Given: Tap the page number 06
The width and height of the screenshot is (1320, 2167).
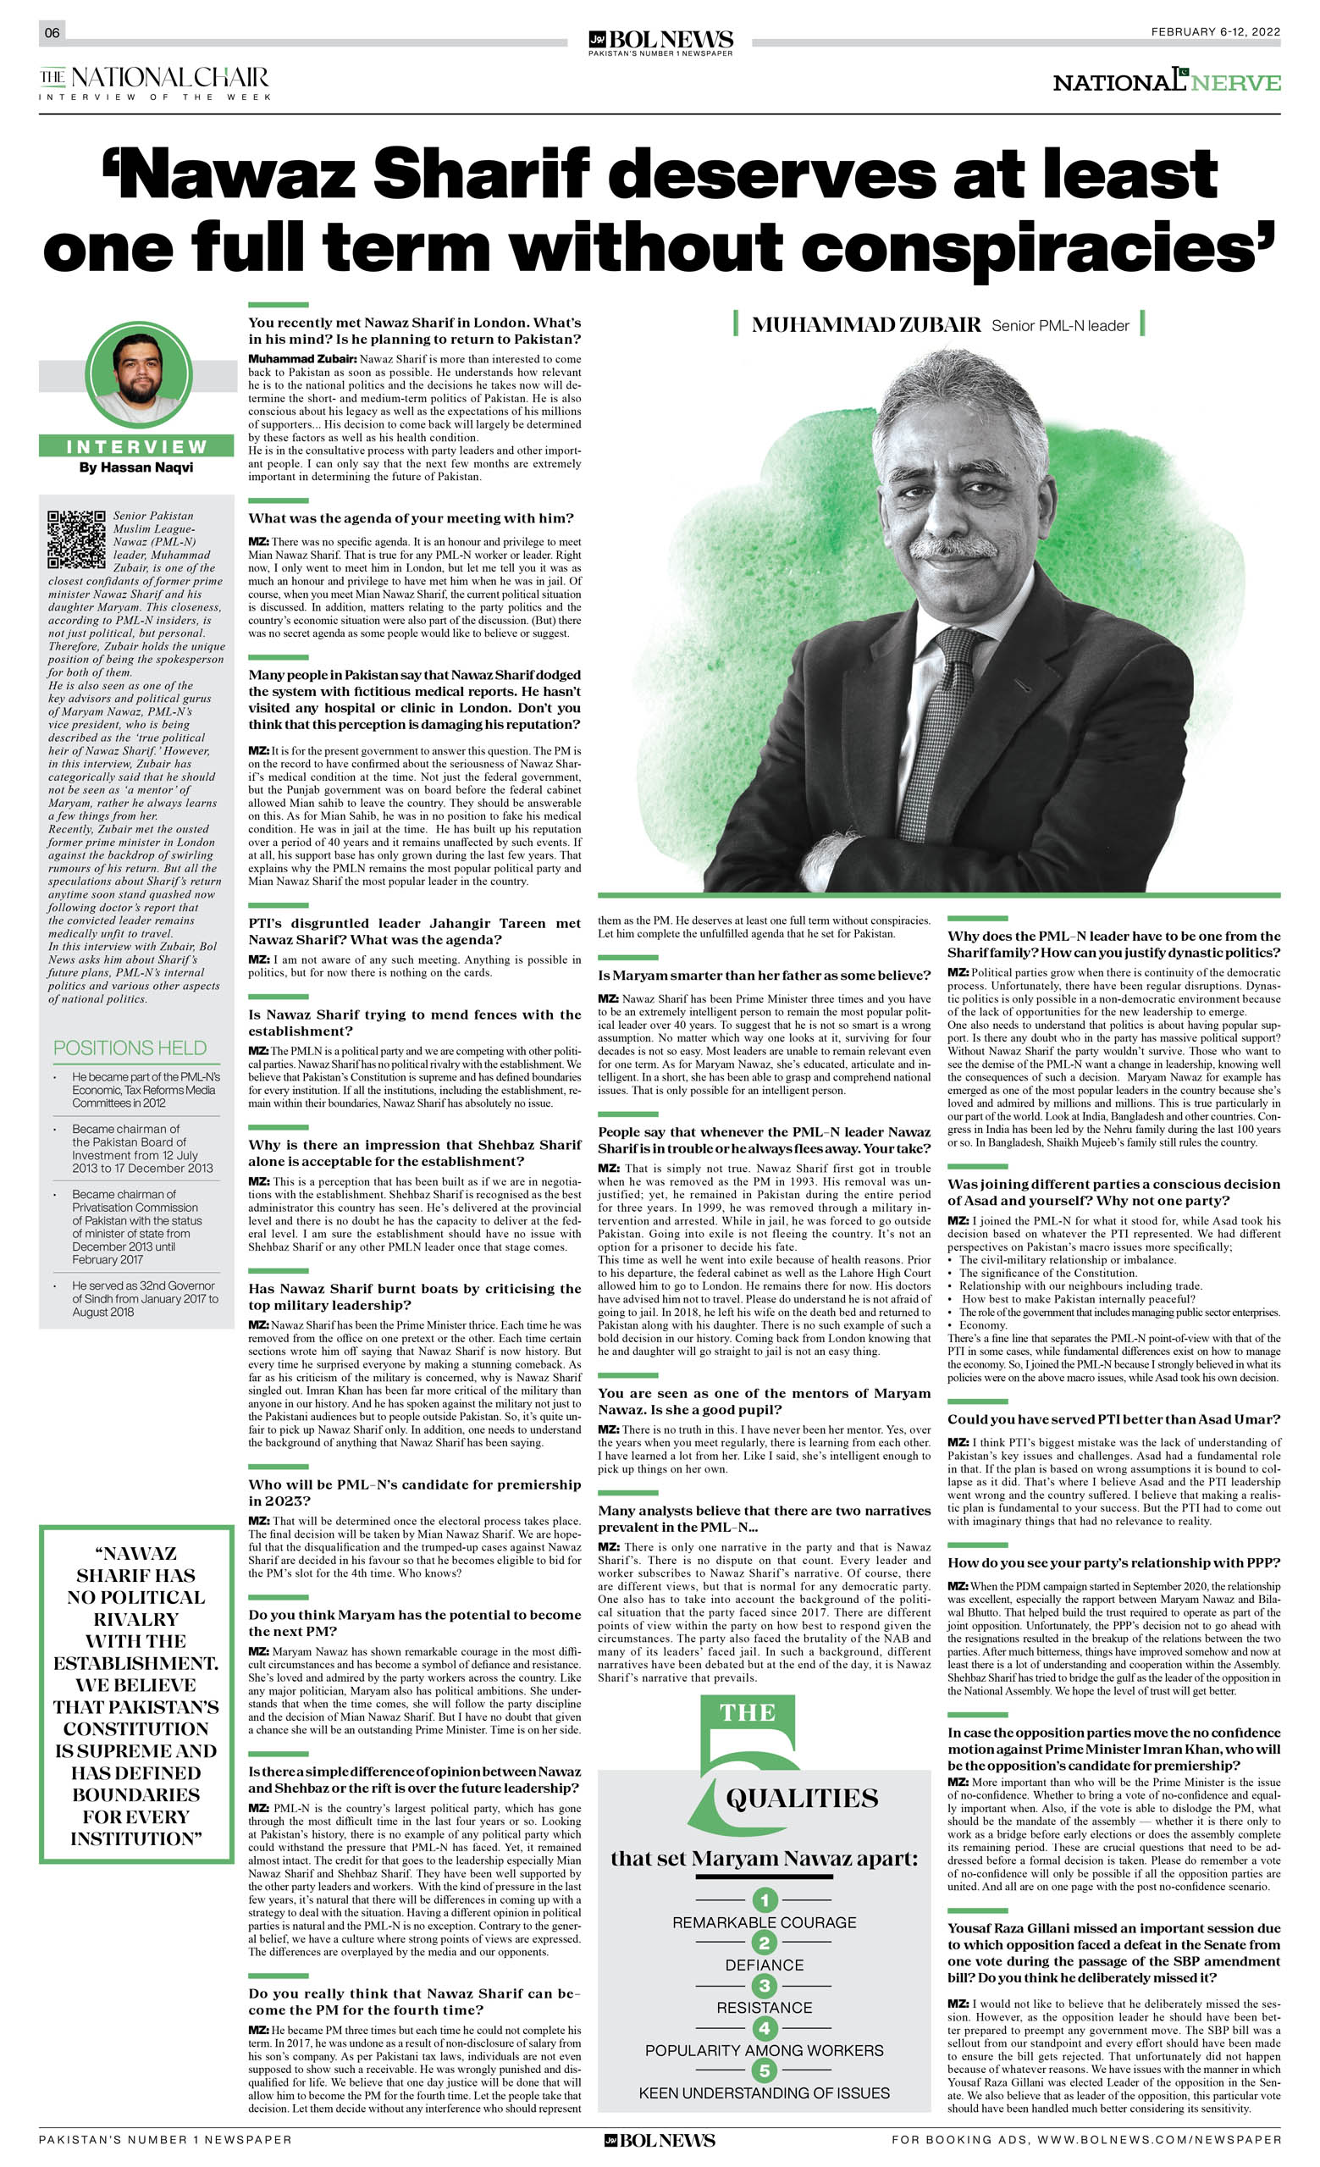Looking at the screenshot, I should pos(52,32).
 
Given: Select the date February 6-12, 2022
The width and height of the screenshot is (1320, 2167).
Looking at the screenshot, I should pos(1214,31).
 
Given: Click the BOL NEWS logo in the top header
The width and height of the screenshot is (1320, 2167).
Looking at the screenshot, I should pos(660,41).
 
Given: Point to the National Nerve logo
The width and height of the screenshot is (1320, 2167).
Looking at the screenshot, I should pos(1166,82).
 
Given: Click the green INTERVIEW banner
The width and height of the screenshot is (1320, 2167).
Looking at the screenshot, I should pos(136,447).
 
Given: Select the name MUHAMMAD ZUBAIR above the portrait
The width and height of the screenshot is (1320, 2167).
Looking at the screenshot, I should pos(865,325).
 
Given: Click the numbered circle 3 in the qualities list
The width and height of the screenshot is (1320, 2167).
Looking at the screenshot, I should pos(765,1986).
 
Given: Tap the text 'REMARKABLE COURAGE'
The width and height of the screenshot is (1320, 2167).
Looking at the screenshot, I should pos(765,1922).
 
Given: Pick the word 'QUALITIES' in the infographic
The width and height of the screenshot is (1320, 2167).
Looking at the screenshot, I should pos(801,1799).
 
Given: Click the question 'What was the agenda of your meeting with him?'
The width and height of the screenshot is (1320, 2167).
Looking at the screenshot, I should pos(411,518).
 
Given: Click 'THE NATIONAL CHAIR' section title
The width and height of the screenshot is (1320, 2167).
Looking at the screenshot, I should pos(154,77).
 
